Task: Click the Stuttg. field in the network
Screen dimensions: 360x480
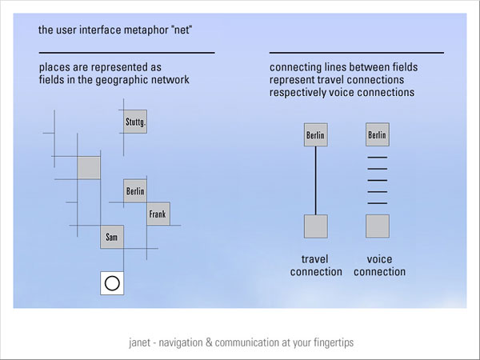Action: point(135,122)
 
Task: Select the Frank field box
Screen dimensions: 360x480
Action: point(158,214)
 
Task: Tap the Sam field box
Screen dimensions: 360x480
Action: point(111,238)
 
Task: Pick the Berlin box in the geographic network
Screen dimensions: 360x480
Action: point(135,191)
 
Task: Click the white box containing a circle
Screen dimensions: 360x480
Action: point(112,283)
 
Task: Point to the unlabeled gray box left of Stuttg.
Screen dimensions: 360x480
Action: point(88,167)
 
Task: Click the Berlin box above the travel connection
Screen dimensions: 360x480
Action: point(316,135)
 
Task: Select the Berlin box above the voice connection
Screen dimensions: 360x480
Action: point(377,135)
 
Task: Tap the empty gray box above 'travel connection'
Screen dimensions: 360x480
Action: point(316,226)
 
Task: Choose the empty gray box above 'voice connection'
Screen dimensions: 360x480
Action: point(377,226)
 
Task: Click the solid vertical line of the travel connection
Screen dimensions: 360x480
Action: point(316,180)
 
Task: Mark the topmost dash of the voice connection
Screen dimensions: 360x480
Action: point(377,158)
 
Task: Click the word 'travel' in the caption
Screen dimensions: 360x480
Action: point(315,259)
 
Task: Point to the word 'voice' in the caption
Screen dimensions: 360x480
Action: point(379,259)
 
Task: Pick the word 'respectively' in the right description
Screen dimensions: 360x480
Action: point(295,92)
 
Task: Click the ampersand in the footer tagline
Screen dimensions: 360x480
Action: point(208,342)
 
